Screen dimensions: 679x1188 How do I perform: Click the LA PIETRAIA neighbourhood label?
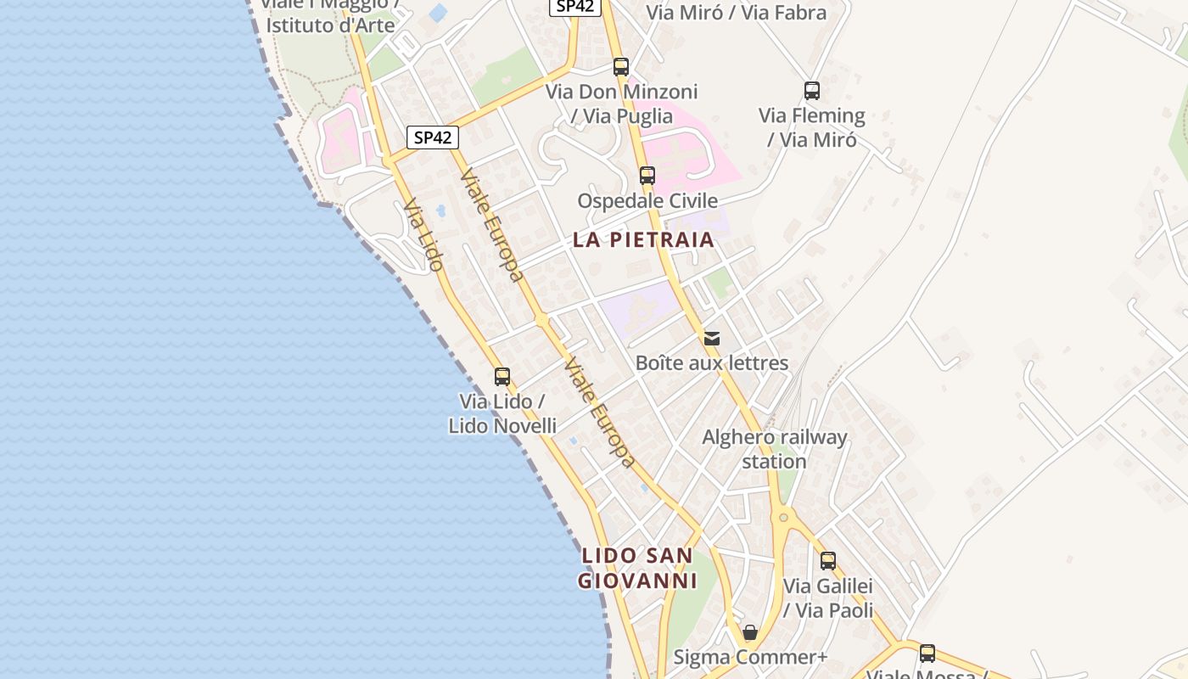[x=643, y=240]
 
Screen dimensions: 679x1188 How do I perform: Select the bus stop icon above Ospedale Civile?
[x=647, y=176]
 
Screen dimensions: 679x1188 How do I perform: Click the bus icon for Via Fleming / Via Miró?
[x=812, y=91]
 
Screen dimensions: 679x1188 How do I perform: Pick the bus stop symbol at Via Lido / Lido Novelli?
[x=502, y=376]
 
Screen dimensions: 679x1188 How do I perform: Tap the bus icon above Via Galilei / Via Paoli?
[x=828, y=560]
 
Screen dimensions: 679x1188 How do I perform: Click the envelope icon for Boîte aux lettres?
[x=712, y=339]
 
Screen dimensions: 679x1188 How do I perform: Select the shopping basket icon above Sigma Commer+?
[x=750, y=632]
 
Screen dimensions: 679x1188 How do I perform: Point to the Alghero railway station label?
[x=774, y=450]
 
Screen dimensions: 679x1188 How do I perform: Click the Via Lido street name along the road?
[x=423, y=235]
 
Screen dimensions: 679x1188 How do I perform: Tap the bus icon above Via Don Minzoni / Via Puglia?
[x=621, y=67]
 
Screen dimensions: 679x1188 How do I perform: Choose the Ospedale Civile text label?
[x=647, y=201]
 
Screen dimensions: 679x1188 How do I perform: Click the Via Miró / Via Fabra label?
[x=736, y=13]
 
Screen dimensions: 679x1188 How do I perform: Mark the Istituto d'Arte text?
[x=331, y=25]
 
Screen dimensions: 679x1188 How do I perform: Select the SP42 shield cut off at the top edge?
[x=576, y=6]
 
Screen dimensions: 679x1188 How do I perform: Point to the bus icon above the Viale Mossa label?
[x=927, y=653]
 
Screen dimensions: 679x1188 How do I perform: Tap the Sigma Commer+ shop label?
[x=750, y=658]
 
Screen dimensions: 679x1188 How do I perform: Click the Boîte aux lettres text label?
[x=712, y=363]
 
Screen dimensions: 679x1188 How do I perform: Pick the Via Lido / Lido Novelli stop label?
[x=502, y=413]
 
